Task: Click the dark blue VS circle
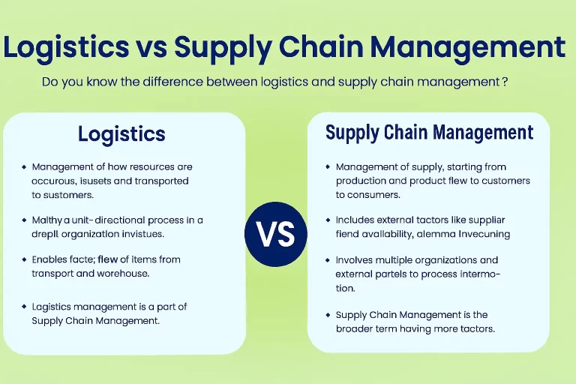pyautogui.click(x=276, y=234)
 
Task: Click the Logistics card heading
pyautogui.click(x=121, y=134)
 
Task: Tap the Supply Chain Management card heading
pyautogui.click(x=429, y=133)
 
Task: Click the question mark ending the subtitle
pyautogui.click(x=505, y=82)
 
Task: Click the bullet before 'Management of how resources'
pyautogui.click(x=24, y=167)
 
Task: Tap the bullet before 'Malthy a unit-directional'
pyautogui.click(x=24, y=220)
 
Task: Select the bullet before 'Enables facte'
pyautogui.click(x=24, y=259)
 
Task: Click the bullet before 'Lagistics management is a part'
pyautogui.click(x=24, y=307)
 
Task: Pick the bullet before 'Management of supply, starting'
pyautogui.click(x=328, y=167)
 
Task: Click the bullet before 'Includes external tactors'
pyautogui.click(x=328, y=220)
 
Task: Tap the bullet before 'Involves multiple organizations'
pyautogui.click(x=328, y=260)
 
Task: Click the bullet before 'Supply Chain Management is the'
pyautogui.click(x=328, y=315)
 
